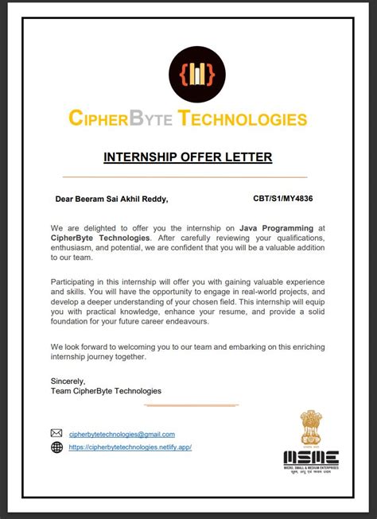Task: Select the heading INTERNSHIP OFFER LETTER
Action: pos(188,157)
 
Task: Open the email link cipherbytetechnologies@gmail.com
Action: pos(122,434)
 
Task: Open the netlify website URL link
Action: pos(130,447)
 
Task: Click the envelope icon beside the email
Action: pos(56,433)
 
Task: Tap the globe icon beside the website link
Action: pos(56,447)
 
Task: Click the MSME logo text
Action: pos(311,457)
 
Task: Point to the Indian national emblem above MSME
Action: pos(311,428)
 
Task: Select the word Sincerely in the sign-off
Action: pos(68,381)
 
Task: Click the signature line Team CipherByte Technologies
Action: pos(106,390)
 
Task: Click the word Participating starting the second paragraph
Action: pos(76,282)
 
